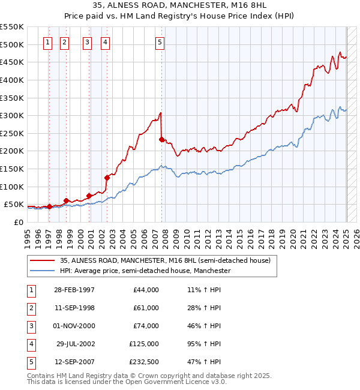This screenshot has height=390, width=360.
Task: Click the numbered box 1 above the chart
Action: point(47,42)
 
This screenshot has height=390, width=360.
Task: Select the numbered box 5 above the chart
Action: point(160,42)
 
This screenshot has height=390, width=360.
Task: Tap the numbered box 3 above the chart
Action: point(88,42)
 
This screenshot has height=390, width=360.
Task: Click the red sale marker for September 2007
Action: point(162,139)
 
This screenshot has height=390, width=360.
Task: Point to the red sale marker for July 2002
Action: point(107,178)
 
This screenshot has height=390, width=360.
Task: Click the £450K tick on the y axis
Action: point(12,62)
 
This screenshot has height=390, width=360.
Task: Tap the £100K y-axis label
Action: point(12,187)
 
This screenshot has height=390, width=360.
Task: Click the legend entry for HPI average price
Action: point(145,271)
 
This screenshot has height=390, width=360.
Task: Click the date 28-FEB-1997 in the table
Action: point(74,290)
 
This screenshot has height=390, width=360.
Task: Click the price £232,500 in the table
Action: point(142,362)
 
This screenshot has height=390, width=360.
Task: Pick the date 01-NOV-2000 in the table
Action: point(74,326)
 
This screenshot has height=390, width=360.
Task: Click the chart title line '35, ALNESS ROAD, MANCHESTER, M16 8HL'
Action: point(180,6)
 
